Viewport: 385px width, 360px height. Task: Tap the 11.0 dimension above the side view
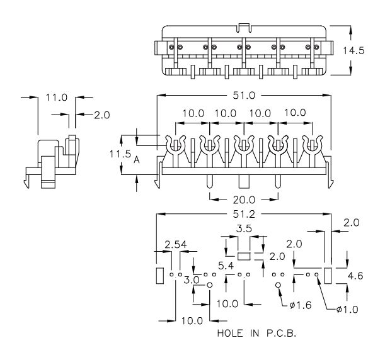(x=57, y=98)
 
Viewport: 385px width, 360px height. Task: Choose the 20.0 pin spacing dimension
(x=244, y=200)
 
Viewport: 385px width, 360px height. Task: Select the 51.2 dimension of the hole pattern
(x=244, y=214)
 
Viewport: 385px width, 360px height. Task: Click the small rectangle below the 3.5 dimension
(x=244, y=256)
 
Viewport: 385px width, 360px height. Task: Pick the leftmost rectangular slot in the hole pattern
(x=159, y=275)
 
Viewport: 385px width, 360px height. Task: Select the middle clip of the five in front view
(x=243, y=146)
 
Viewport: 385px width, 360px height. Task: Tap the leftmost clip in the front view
(x=174, y=146)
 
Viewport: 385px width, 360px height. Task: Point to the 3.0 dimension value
(x=192, y=279)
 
